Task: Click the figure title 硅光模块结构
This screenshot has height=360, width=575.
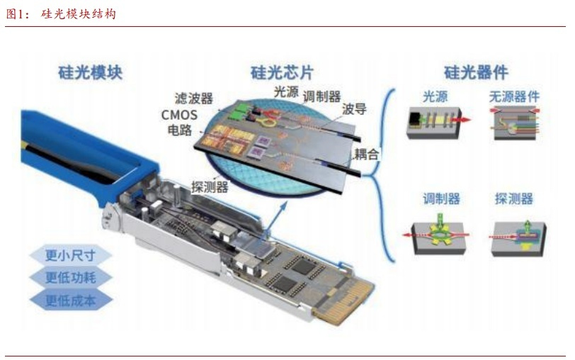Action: [79, 14]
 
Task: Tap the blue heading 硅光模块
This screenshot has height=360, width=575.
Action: [90, 72]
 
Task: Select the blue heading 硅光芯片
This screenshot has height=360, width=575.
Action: [282, 72]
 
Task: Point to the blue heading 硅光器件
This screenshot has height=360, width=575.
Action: [476, 72]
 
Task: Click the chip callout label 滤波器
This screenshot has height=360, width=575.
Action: [193, 99]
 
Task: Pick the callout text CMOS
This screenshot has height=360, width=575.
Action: [179, 115]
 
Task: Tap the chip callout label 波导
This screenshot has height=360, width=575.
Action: [354, 108]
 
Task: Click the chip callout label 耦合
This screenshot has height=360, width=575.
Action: [366, 154]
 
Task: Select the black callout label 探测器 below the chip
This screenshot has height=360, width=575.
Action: [210, 187]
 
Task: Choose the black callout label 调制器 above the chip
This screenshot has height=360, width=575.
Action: [321, 96]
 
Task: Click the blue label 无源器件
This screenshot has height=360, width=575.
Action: [514, 97]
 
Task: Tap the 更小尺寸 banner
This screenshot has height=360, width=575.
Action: [70, 255]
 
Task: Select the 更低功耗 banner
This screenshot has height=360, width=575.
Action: [70, 277]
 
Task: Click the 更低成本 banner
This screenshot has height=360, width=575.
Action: [70, 300]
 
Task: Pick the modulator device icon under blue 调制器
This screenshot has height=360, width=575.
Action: [438, 235]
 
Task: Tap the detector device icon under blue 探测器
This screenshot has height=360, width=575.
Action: [518, 237]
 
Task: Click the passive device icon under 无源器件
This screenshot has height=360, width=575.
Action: [516, 123]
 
